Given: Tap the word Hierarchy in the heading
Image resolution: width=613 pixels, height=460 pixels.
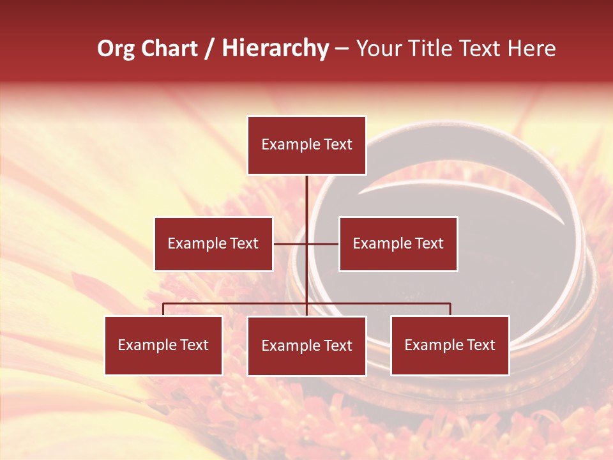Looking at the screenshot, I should pyautogui.click(x=275, y=49).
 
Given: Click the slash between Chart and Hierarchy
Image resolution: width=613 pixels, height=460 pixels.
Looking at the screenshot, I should pyautogui.click(x=209, y=49).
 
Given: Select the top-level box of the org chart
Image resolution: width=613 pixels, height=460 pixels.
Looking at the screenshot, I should pyautogui.click(x=306, y=145).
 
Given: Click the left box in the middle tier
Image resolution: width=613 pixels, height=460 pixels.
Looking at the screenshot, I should pyautogui.click(x=213, y=243).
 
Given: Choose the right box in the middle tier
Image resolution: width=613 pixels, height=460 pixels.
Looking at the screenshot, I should pyautogui.click(x=398, y=243).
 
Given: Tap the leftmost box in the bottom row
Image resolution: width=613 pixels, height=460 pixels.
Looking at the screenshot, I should pyautogui.click(x=163, y=346).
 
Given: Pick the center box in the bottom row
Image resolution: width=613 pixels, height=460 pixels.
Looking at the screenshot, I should pyautogui.click(x=306, y=346).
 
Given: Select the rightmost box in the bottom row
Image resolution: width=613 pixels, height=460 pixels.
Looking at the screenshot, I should pyautogui.click(x=450, y=346).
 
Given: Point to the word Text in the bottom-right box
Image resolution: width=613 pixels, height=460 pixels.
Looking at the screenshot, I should pyautogui.click(x=481, y=346).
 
